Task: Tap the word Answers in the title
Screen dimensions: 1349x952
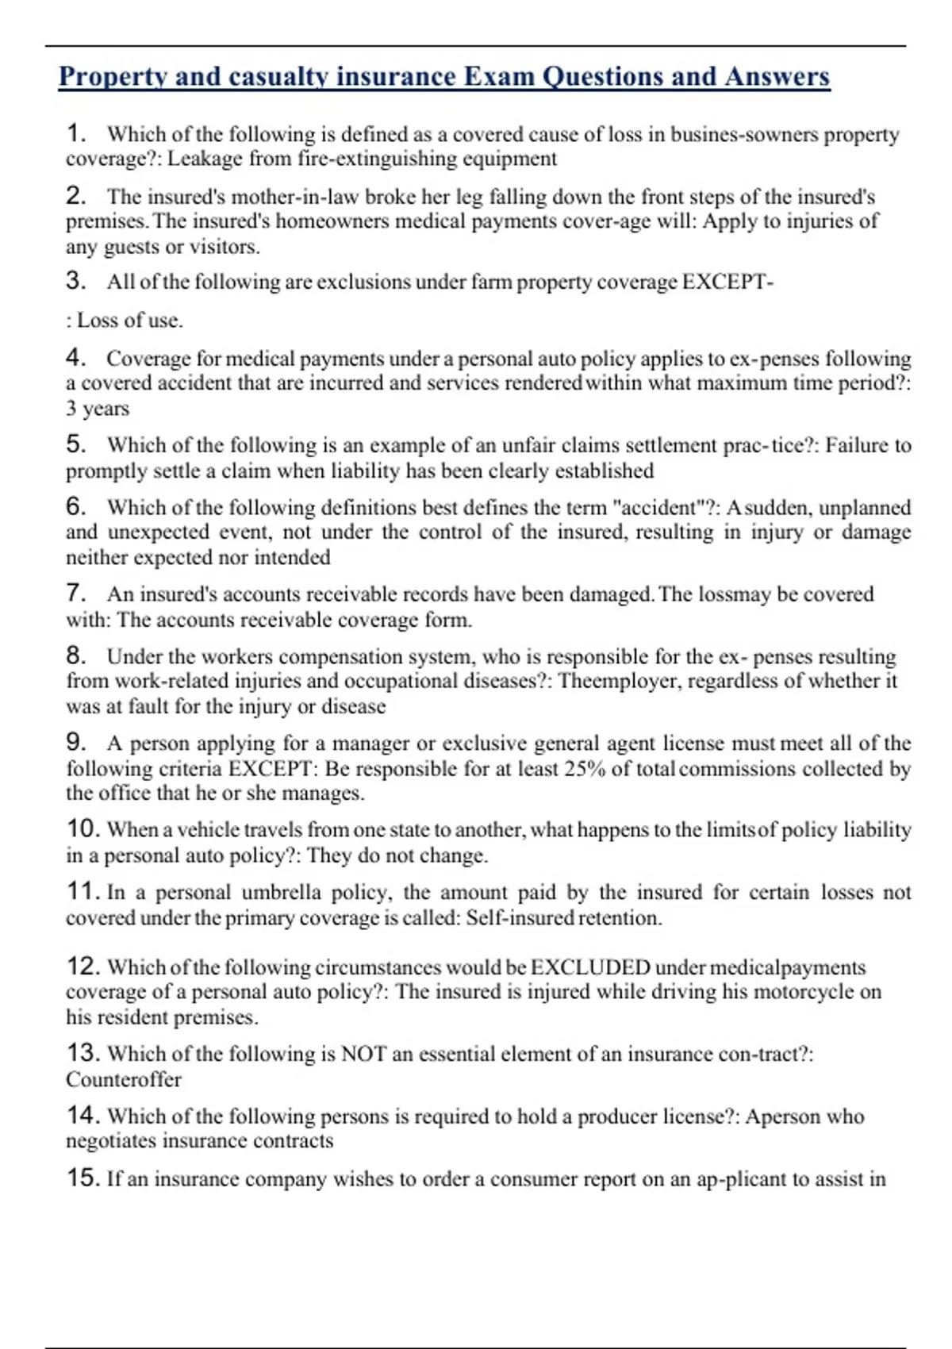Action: [x=777, y=77]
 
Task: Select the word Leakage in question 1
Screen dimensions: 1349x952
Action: [x=204, y=159]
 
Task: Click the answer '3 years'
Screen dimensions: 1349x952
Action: [x=98, y=409]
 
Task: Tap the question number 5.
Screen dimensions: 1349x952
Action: [x=75, y=444]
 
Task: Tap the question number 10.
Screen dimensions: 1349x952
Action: [x=83, y=829]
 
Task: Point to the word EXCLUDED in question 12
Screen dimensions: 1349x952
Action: [x=590, y=967]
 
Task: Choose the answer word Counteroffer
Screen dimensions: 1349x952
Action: [x=124, y=1080]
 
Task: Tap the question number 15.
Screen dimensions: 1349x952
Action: [x=83, y=1179]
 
